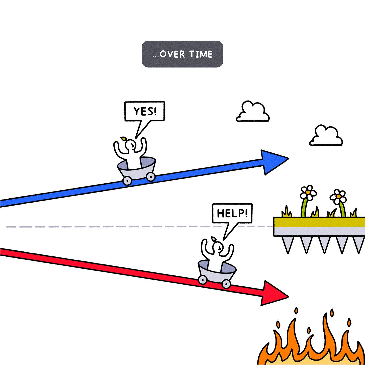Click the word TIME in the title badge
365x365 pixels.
(x=201, y=54)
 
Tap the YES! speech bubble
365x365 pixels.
(x=145, y=111)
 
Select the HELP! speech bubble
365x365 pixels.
(x=232, y=213)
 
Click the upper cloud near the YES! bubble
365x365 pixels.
(x=253, y=113)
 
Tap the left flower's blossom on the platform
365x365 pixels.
(x=308, y=193)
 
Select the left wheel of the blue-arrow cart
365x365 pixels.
(x=127, y=180)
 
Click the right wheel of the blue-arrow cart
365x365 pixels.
(x=150, y=176)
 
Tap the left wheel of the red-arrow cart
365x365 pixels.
(x=202, y=280)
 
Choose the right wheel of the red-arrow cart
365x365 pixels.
(x=226, y=284)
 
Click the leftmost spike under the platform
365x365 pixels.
(x=288, y=245)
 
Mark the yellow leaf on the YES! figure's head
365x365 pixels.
(x=124, y=138)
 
